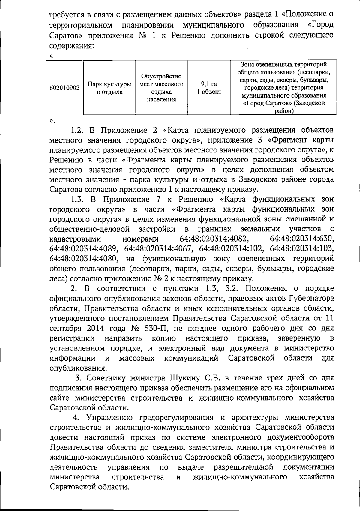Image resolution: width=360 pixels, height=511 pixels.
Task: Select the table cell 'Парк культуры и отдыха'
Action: [109, 88]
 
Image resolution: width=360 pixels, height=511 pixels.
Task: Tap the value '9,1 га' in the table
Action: [209, 84]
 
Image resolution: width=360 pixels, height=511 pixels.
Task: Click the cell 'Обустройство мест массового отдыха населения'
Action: [161, 87]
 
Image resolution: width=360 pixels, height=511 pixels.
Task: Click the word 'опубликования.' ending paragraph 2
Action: [77, 368]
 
